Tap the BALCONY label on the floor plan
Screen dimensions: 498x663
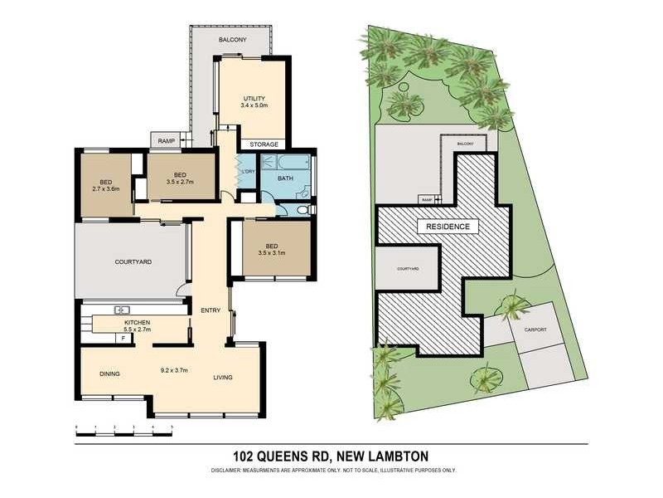click(x=232, y=40)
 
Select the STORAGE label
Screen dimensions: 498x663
click(x=264, y=144)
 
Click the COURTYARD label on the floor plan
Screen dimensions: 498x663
click(x=132, y=262)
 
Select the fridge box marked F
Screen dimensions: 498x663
click(x=123, y=337)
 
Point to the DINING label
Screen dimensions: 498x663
click(x=109, y=373)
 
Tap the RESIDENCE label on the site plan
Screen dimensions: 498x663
click(x=448, y=227)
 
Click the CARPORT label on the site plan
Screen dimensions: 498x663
click(x=535, y=330)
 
